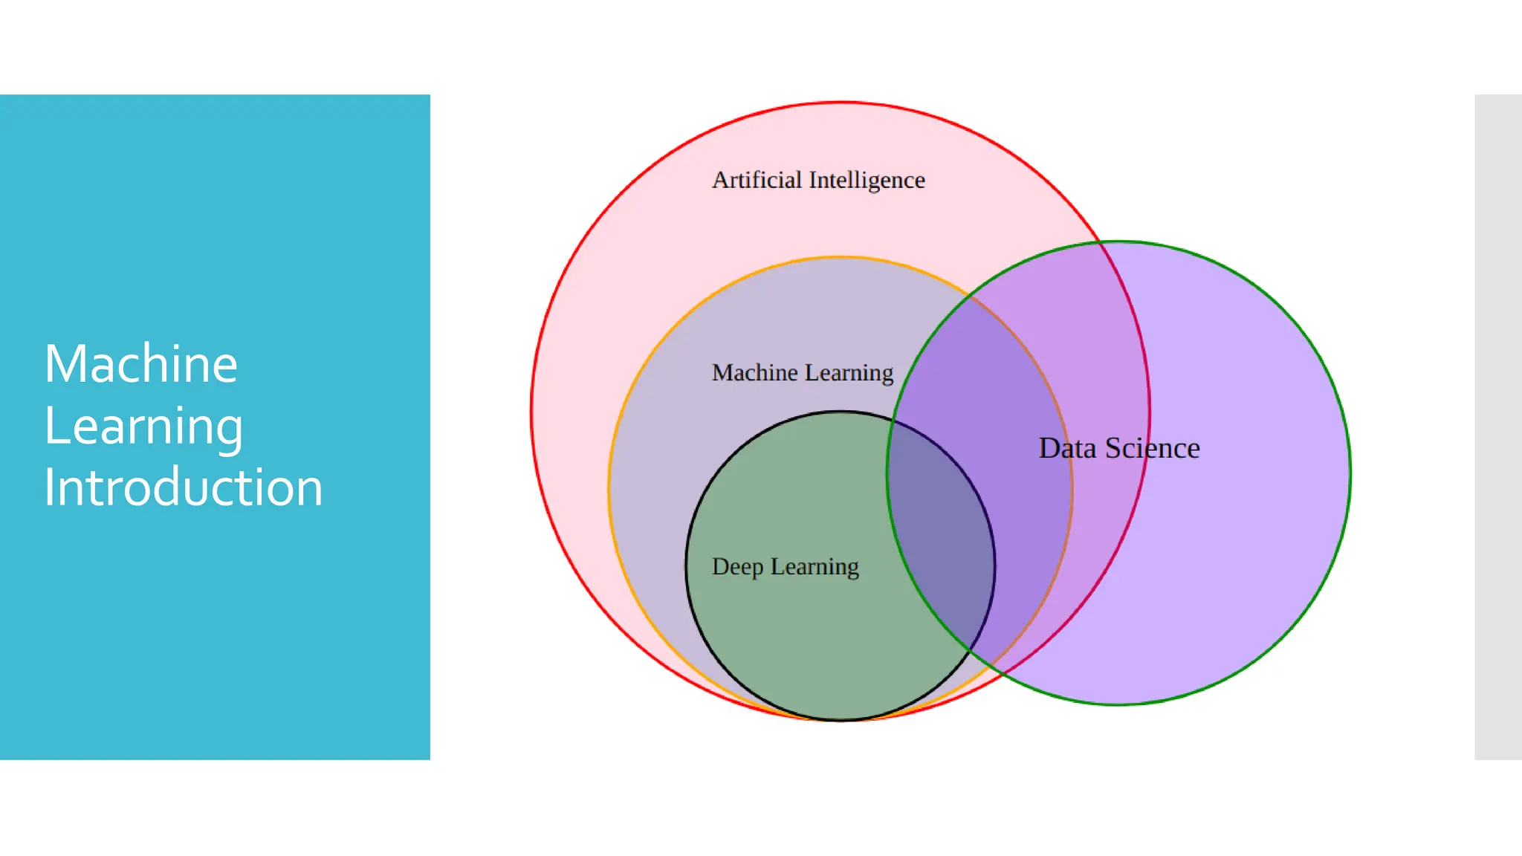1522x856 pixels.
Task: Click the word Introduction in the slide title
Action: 184,487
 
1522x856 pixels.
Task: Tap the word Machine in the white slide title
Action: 141,364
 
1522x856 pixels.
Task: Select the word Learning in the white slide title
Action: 143,427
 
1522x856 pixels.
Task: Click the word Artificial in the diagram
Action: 757,180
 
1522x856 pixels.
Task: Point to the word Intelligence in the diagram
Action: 867,181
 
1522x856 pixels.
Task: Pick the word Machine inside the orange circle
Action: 754,372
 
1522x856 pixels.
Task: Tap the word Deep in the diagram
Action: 737,567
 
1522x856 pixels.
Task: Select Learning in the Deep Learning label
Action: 815,567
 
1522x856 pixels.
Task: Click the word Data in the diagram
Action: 1067,448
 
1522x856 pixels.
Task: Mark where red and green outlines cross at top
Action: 1099,242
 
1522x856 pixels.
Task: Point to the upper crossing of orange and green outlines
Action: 970,296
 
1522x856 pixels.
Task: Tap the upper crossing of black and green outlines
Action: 892,421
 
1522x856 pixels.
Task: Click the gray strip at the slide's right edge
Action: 1498,427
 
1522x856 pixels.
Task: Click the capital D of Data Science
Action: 1048,448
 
